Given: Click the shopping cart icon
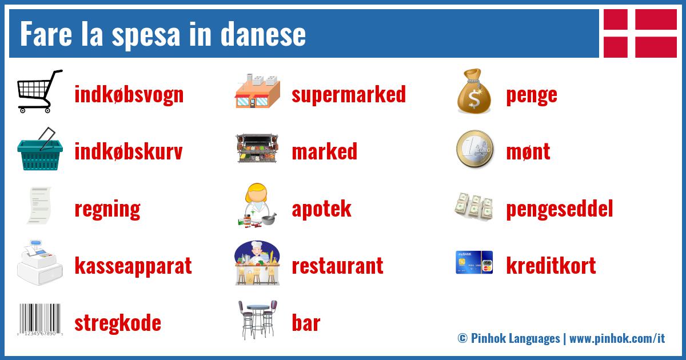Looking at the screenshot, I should (39, 91).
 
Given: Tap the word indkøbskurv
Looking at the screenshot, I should (128, 152).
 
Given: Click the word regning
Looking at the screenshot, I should (107, 209).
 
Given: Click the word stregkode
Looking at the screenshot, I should (117, 323).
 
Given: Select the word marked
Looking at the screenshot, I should (324, 152).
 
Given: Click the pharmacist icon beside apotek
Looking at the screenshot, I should (257, 206).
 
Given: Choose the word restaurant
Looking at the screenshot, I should (337, 266).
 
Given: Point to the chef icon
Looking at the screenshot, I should (257, 263).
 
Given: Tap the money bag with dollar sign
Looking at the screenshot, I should (474, 91).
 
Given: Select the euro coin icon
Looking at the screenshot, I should (474, 150).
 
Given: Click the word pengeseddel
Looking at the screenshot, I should (559, 209).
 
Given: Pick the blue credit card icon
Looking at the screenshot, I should (474, 262).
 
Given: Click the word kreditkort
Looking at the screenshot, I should (551, 266).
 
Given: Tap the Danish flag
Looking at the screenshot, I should (640, 33).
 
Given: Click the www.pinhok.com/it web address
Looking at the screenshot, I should (617, 338).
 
